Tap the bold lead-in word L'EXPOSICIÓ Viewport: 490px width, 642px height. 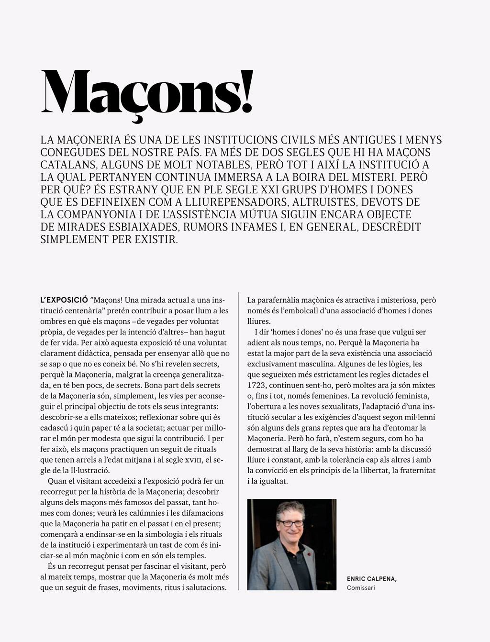click(x=64, y=300)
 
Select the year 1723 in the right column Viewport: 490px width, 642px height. click(x=257, y=385)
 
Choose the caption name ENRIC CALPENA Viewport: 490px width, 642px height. click(x=371, y=579)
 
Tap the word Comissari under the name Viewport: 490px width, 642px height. click(x=361, y=587)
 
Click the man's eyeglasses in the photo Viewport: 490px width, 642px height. click(x=290, y=523)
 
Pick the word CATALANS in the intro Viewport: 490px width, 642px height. click(x=68, y=165)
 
